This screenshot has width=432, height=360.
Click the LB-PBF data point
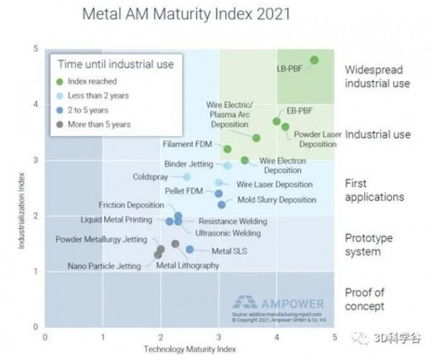[x=314, y=60]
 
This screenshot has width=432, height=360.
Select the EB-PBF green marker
[x=276, y=121]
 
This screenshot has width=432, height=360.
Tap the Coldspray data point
[x=187, y=177]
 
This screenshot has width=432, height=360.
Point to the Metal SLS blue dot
[x=189, y=250]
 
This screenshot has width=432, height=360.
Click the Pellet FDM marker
[x=219, y=193]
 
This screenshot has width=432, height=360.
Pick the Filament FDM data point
[x=227, y=149]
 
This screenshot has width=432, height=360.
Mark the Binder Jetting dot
[x=227, y=165]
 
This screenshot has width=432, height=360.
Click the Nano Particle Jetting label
[x=104, y=266]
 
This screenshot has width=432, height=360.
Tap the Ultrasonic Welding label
[x=219, y=233]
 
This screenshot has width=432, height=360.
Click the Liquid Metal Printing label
[x=117, y=220]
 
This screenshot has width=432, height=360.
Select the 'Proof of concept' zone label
[x=364, y=299]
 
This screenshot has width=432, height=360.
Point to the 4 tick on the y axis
[x=35, y=104]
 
